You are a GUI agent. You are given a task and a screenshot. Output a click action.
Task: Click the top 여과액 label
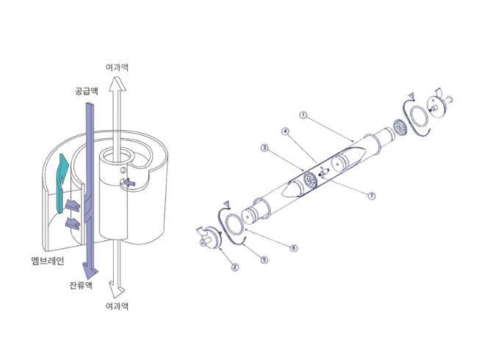click(117, 68)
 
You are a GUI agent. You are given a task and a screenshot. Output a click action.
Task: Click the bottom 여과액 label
click(117, 306)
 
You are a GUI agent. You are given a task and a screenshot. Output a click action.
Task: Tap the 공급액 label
click(87, 91)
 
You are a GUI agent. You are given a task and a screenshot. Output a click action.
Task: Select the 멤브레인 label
click(48, 261)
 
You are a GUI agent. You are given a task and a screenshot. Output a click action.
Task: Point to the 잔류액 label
click(81, 285)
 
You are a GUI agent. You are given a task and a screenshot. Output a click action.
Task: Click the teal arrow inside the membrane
click(62, 184)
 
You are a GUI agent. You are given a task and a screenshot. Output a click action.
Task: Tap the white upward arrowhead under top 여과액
click(118, 84)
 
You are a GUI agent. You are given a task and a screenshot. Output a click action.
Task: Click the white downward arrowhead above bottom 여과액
click(117, 289)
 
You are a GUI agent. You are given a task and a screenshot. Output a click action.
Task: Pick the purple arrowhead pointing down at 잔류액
click(90, 271)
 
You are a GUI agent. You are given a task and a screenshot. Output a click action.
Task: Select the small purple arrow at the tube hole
click(129, 182)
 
